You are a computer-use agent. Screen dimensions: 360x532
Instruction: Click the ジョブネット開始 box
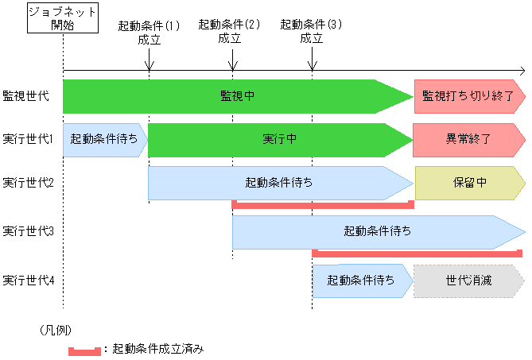62,17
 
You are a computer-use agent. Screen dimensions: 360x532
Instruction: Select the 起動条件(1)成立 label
149,32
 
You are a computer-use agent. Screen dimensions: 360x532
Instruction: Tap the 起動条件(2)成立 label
230,31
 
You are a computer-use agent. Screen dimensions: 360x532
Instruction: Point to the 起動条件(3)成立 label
312,31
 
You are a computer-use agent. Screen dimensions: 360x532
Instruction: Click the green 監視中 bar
237,96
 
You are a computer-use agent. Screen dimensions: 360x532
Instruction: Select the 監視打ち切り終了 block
468,96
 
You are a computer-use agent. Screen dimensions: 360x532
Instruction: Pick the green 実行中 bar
279,139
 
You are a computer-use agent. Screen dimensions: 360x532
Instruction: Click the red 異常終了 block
468,139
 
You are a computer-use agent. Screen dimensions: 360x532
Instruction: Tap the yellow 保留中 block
469,183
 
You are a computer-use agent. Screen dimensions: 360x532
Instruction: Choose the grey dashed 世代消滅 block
468,281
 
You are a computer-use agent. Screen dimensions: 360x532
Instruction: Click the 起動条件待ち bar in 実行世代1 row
104,139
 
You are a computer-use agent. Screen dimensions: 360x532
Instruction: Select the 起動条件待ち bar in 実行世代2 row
279,183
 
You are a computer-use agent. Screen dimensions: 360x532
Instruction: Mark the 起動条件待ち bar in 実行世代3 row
377,232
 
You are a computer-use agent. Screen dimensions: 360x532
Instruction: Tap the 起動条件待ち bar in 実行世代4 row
361,281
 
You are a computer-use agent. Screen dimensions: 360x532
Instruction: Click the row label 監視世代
25,95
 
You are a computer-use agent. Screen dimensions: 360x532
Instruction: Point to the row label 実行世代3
28,231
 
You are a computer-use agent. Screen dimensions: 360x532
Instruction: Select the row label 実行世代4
28,280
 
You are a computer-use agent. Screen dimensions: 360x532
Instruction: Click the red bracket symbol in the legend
84,349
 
